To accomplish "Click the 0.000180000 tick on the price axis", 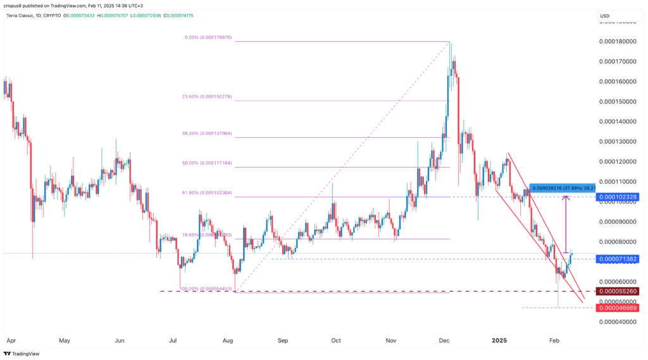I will pos(616,42).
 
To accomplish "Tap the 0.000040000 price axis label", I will pos(616,322).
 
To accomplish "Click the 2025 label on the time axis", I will pos(500,340).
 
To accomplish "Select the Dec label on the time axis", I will pos(445,340).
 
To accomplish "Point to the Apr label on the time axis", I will pos(9,340).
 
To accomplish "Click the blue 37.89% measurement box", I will pos(561,188).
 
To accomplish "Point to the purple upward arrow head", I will pos(566,199).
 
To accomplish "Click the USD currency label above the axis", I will pos(604,16).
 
